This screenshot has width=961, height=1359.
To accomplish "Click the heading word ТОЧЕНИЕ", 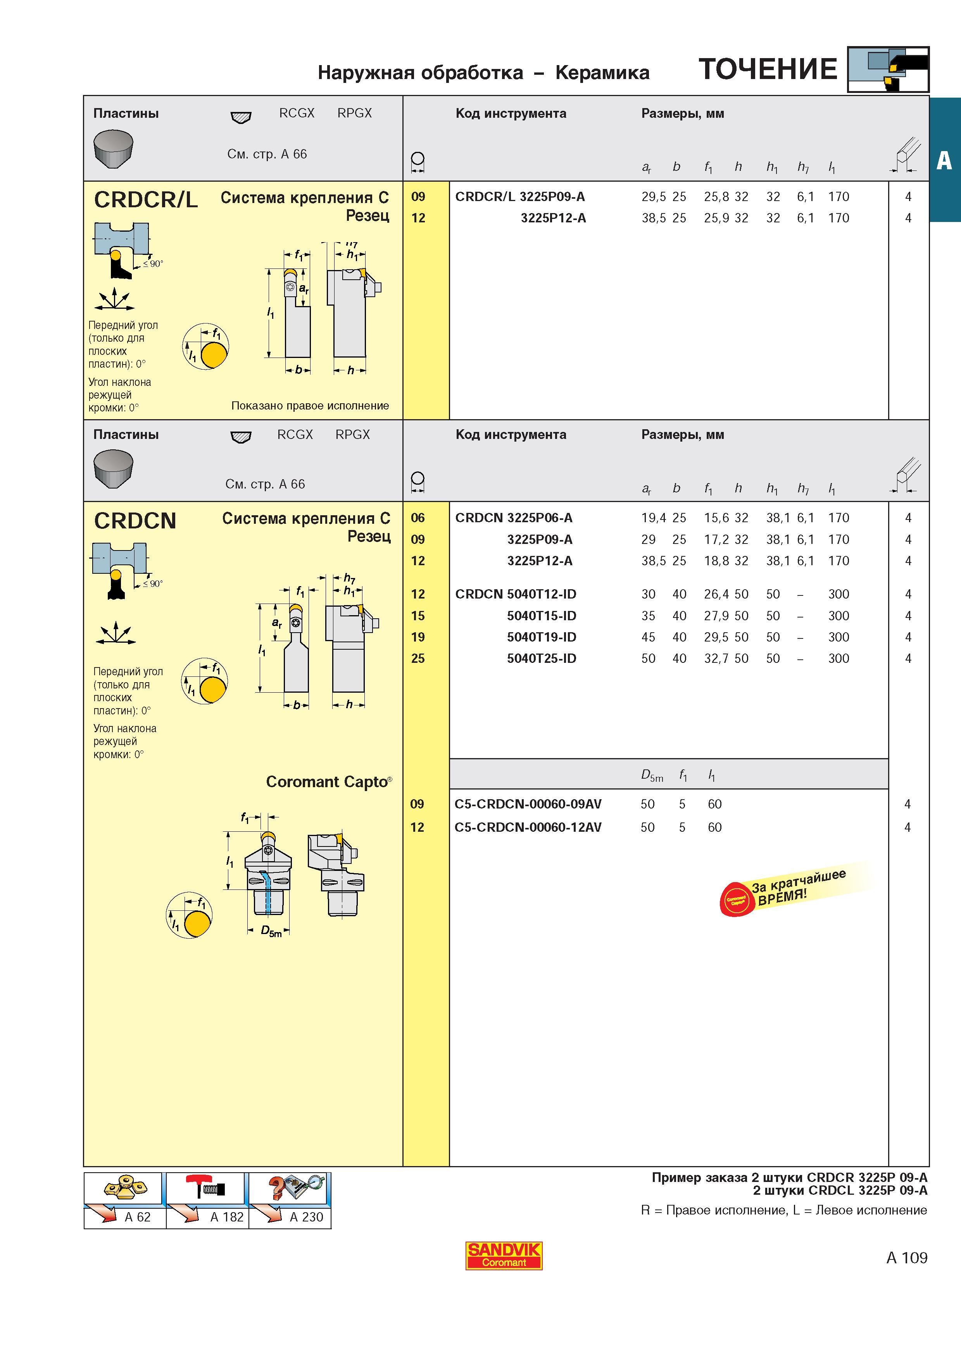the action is (x=768, y=69).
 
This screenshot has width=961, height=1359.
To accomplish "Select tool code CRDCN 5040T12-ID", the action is (x=515, y=594).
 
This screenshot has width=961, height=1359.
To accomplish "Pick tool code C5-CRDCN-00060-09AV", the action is (x=528, y=804).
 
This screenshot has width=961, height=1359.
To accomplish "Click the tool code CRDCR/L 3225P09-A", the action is (x=520, y=196).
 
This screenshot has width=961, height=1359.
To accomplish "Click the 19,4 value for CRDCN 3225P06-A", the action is (x=654, y=518).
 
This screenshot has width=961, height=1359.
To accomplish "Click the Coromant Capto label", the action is (x=329, y=781).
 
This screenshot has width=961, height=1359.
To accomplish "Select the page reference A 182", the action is (x=227, y=1217).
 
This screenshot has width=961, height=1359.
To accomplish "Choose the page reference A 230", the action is (x=306, y=1217).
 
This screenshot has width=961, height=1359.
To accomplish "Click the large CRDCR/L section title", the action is (x=146, y=200).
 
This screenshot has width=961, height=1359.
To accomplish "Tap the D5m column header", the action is (x=652, y=776).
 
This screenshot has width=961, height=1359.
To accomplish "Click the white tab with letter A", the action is (x=944, y=160).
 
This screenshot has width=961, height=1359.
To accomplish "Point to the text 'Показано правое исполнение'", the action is (x=310, y=406).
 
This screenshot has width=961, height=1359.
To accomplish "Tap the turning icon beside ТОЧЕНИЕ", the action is (x=888, y=69).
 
